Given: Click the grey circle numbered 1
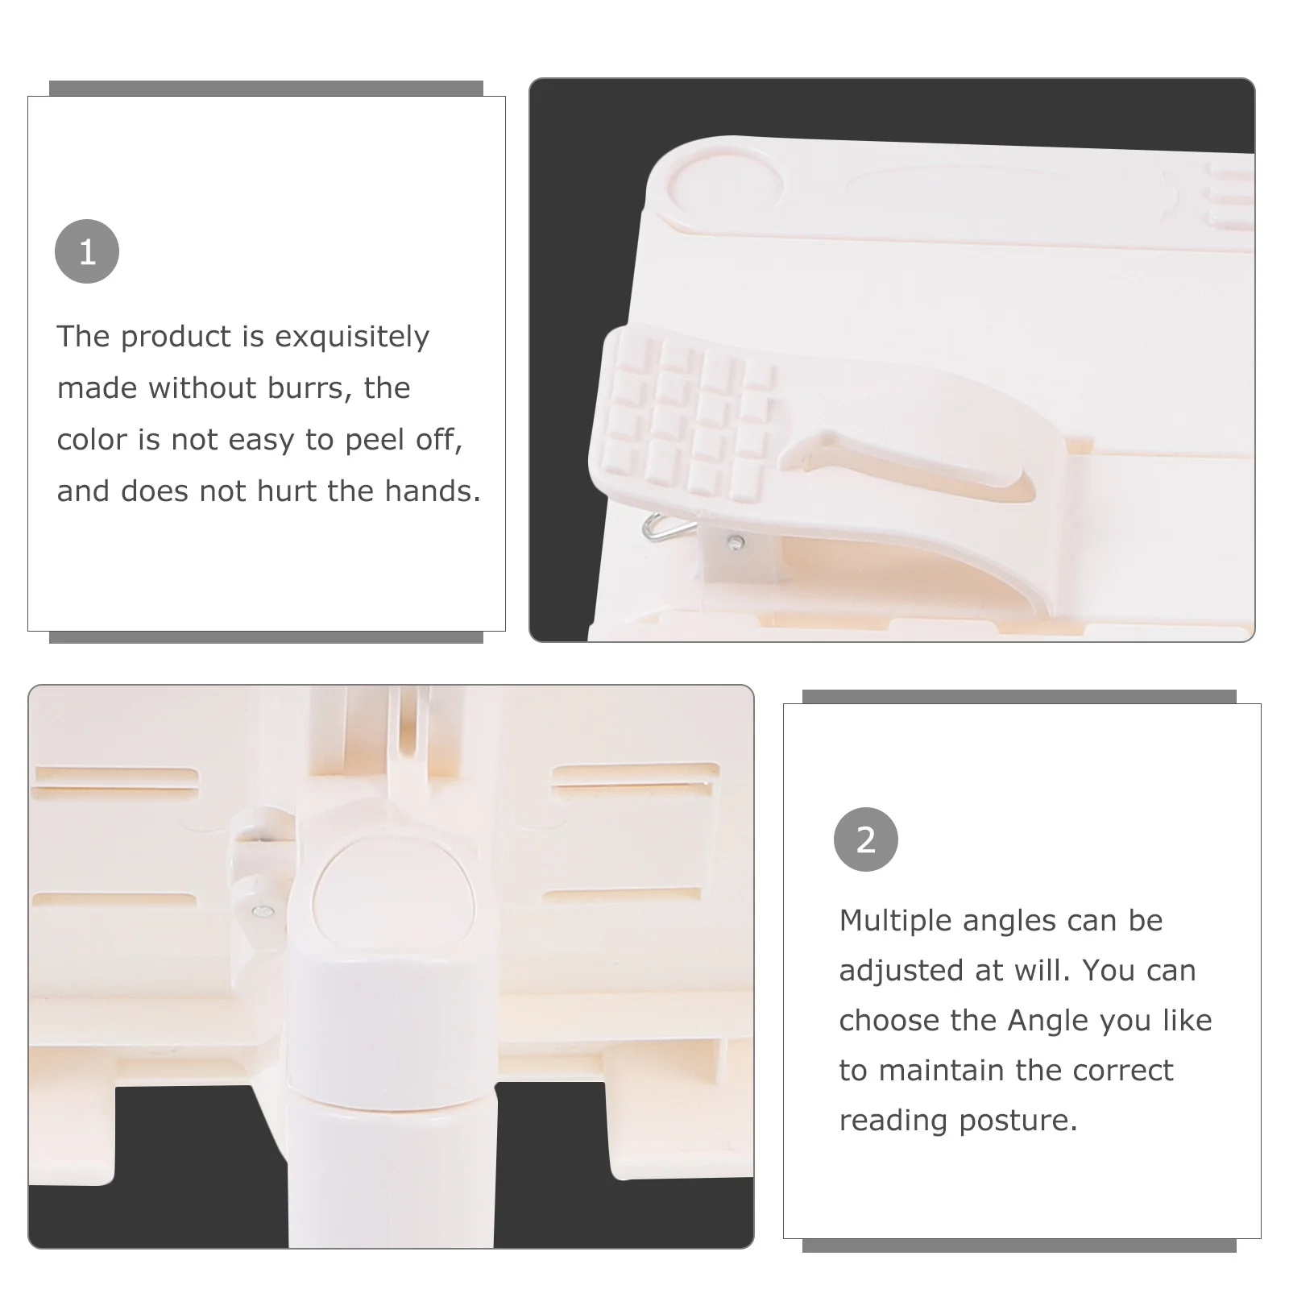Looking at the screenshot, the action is [x=87, y=251].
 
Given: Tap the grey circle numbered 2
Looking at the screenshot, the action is [x=866, y=839].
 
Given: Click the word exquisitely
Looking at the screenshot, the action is [x=352, y=337].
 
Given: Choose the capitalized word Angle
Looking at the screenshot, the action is [x=1050, y=1022].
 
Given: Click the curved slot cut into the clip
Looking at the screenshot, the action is [x=910, y=465].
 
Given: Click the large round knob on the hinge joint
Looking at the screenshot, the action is [x=392, y=893].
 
